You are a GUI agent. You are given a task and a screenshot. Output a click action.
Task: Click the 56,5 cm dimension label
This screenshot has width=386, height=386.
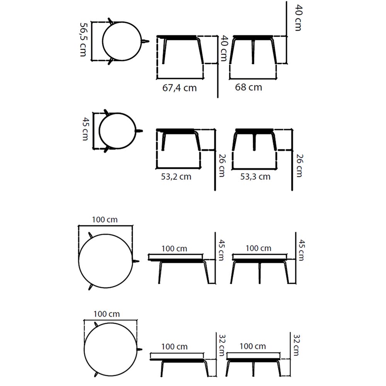83,40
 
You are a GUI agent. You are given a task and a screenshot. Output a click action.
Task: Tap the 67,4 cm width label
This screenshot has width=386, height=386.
179,88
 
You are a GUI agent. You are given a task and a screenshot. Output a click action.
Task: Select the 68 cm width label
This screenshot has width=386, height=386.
248,87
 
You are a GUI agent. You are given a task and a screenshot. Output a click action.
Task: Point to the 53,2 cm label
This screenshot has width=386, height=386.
176,176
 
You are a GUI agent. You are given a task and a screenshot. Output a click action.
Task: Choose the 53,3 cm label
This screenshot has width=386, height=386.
255,176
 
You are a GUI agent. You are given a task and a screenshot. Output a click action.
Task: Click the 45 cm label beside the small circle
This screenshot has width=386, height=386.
85,129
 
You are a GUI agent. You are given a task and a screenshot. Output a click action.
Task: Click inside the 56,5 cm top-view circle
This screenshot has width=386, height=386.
122,41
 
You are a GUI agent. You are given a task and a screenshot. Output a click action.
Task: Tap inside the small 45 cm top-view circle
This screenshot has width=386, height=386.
117,131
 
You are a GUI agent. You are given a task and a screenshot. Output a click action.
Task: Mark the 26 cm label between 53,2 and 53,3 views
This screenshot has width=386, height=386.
222,166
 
